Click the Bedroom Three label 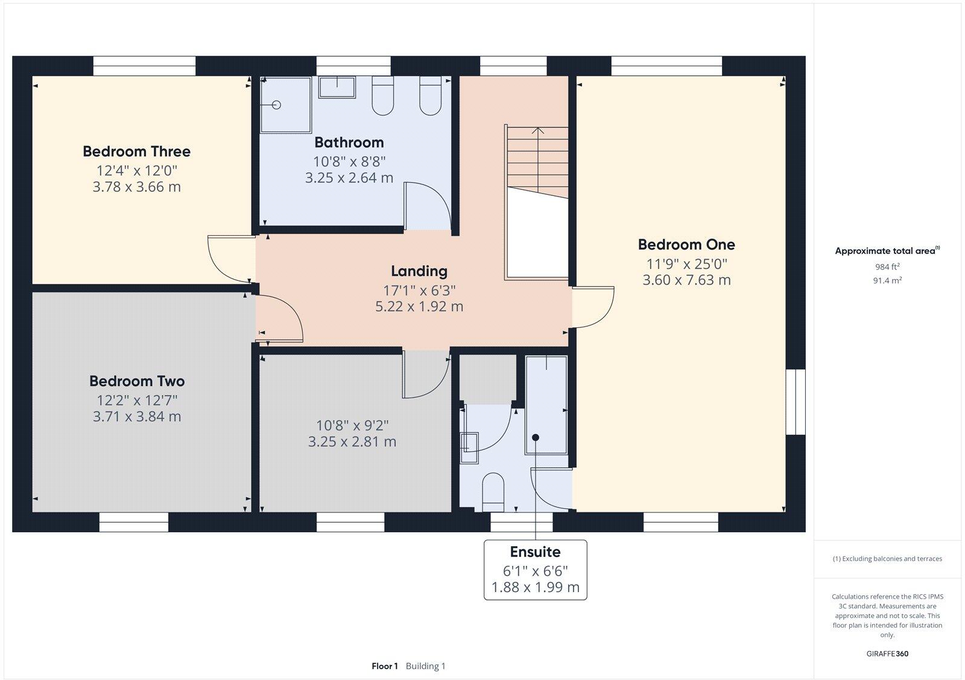click(x=136, y=151)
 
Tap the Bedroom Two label click(x=137, y=381)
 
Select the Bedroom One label click(x=686, y=245)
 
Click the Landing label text click(x=419, y=271)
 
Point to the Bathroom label click(x=349, y=143)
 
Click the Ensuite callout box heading click(x=535, y=552)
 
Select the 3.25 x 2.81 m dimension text click(x=352, y=442)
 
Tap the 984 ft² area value click(x=887, y=266)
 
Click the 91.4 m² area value click(x=887, y=280)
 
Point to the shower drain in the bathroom click(x=277, y=105)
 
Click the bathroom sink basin click(x=337, y=87)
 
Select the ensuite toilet click(x=493, y=491)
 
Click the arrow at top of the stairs click(x=538, y=130)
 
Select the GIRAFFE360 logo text click(x=887, y=653)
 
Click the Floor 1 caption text click(x=384, y=666)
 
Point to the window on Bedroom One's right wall click(x=796, y=401)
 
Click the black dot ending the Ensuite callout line click(x=535, y=438)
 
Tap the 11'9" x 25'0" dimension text click(x=686, y=263)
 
